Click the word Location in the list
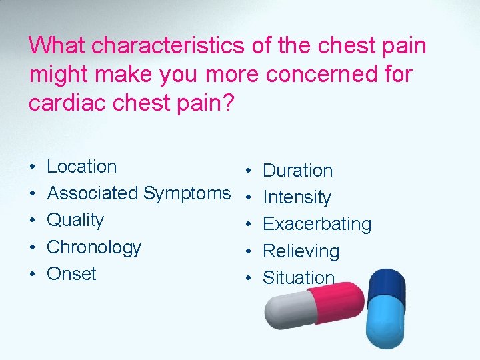pyautogui.click(x=81, y=167)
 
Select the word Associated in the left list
pyautogui.click(x=92, y=193)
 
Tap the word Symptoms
pyautogui.click(x=187, y=194)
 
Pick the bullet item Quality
pyautogui.click(x=75, y=221)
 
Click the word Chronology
pyautogui.click(x=94, y=247)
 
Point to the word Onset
pyautogui.click(x=71, y=274)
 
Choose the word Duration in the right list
pyautogui.click(x=297, y=171)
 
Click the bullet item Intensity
pyautogui.click(x=297, y=198)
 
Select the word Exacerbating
pyautogui.click(x=317, y=224)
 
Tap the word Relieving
pyautogui.click(x=301, y=251)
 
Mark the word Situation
pyautogui.click(x=299, y=278)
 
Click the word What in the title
pyautogui.click(x=57, y=46)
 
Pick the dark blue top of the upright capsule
pyautogui.click(x=386, y=283)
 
